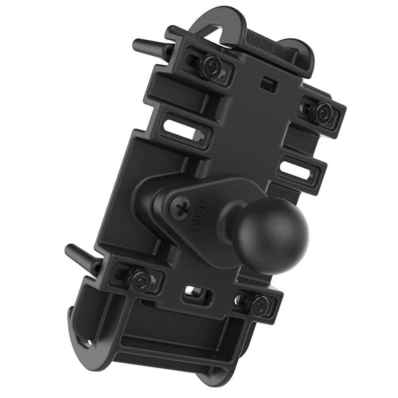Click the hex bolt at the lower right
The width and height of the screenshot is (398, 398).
[259, 304]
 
